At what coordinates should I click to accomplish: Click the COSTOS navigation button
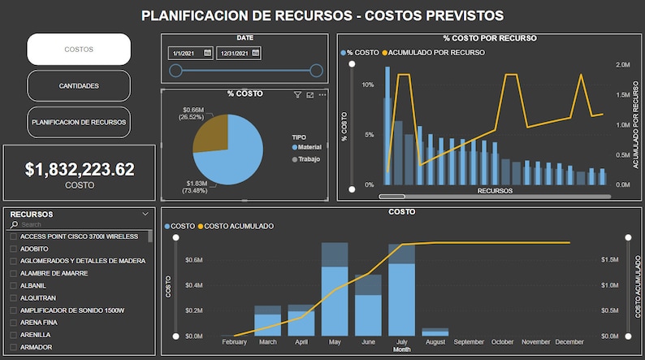coord(79,50)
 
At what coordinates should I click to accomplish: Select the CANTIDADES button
coord(79,85)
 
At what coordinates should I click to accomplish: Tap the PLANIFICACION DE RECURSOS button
coord(79,121)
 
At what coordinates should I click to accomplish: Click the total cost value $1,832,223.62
coord(79,169)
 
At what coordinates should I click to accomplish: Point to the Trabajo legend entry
coord(308,158)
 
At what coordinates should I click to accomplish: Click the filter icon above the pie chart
coord(297,95)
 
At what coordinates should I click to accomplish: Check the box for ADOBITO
coord(13,248)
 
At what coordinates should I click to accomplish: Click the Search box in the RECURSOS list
coord(81,224)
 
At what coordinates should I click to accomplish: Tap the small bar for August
coord(435,332)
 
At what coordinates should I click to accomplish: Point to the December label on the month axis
coord(569,342)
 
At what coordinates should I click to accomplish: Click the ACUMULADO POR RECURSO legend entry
coord(435,52)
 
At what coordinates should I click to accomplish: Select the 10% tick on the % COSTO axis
coord(367,85)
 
